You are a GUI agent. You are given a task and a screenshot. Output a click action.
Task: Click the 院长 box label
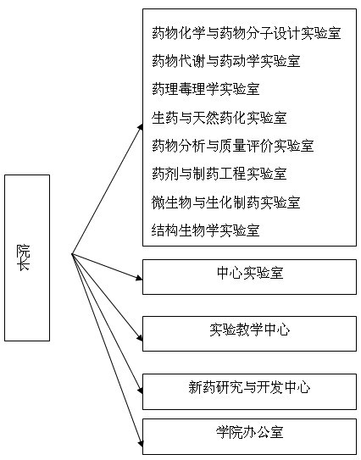pos(23,258)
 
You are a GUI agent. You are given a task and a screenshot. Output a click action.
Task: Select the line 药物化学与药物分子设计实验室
pos(247,33)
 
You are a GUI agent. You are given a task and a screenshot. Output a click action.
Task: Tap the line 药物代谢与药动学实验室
pos(226,61)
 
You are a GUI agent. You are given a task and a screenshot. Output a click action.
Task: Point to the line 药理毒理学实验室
pos(206,89)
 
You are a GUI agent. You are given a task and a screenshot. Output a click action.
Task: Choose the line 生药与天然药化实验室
pos(219,118)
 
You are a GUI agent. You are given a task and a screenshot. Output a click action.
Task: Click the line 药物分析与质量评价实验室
pos(233,146)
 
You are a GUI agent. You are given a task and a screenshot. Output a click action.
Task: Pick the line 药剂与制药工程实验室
pos(219,174)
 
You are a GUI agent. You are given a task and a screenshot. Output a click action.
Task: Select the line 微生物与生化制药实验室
pos(226,202)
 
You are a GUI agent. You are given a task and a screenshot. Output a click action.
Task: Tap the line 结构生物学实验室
pos(206,230)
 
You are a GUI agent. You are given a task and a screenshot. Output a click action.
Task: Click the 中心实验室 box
pos(249,277)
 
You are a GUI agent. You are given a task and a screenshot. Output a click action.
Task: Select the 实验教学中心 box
pos(249,334)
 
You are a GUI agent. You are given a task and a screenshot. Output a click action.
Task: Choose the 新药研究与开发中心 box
pos(249,391)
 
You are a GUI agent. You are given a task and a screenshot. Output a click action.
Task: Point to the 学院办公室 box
pos(249,436)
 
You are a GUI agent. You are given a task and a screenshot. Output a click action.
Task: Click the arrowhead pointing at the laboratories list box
pos(141,127)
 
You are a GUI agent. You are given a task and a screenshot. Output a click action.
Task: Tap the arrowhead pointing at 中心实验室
pos(140,278)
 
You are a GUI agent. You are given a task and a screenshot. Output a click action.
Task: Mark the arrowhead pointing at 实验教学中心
pos(140,337)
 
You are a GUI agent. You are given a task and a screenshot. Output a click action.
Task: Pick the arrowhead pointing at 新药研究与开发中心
pos(141,391)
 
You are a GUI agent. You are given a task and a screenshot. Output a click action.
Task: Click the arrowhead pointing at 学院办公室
pos(141,443)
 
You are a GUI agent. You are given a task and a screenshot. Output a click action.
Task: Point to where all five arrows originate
pos(72,254)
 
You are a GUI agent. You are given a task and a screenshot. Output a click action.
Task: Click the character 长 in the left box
pos(23,264)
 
